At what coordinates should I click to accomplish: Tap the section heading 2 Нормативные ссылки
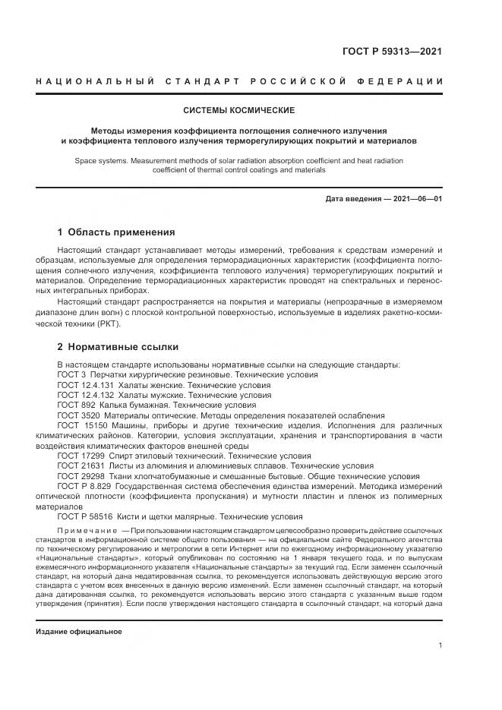118,347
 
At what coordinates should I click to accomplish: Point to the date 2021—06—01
416,199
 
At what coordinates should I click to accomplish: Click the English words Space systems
99,161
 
